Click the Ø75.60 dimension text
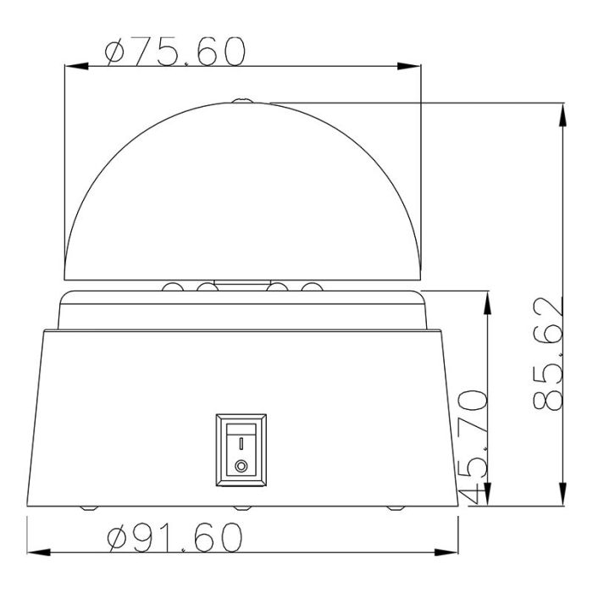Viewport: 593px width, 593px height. [x=175, y=52]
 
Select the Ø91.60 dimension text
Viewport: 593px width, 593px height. [x=175, y=537]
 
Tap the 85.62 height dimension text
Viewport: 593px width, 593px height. [x=548, y=354]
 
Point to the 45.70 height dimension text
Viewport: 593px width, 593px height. [x=473, y=447]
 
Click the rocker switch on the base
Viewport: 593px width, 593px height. [x=241, y=450]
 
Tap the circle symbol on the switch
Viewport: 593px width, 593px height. [x=241, y=466]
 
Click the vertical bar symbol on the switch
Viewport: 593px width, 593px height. [x=241, y=443]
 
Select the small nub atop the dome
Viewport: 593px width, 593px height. [x=243, y=101]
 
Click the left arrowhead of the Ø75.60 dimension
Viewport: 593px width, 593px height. [x=76, y=66]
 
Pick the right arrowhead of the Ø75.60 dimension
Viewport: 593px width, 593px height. [x=409, y=66]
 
